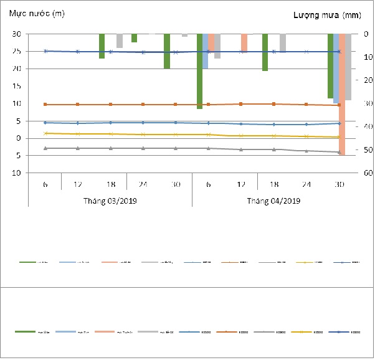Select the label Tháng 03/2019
pos(110,201)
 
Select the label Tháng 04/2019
pos(273,201)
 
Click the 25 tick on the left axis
pos(17,52)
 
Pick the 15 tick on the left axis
pos(17,87)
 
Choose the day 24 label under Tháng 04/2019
pos(306,184)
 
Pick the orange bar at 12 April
pos(244,43)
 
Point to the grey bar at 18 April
pos(283,43)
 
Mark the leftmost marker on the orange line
pos(45,104)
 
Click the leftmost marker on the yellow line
pos(45,133)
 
